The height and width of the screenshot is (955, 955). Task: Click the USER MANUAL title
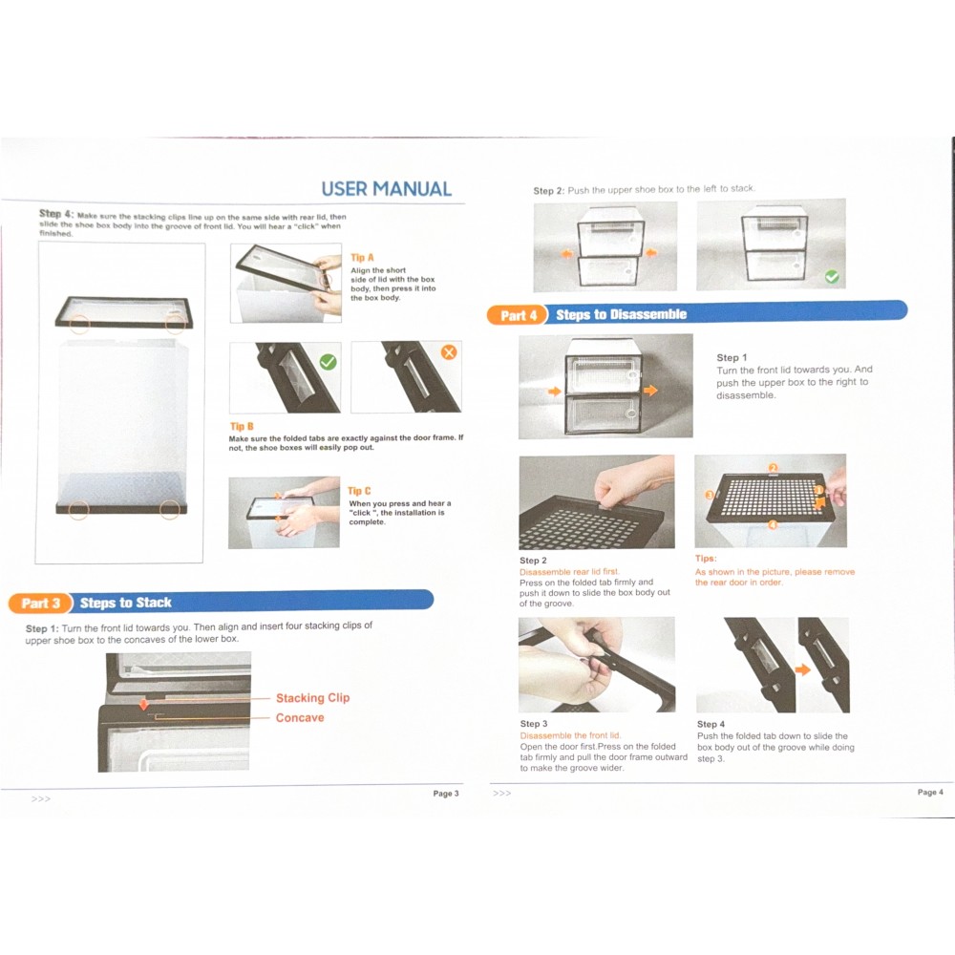(386, 189)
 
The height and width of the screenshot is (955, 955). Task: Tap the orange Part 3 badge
(40, 603)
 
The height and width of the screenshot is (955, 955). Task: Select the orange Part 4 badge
(519, 315)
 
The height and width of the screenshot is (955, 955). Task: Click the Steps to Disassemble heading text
(622, 314)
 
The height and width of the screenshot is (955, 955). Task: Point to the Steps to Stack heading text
(125, 603)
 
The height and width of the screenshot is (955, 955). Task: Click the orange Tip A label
(362, 258)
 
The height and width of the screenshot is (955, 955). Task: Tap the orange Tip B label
(242, 426)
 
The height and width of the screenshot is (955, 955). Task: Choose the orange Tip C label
(359, 491)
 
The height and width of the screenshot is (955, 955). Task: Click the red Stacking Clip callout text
(312, 698)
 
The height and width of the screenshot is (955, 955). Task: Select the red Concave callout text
(300, 717)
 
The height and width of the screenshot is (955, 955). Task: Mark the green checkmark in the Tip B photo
(328, 362)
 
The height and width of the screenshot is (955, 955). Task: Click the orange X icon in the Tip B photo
(449, 352)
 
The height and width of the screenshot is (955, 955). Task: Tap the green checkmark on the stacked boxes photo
(832, 277)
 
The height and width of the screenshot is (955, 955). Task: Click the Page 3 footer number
(446, 794)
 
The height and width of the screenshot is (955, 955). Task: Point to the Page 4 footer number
(930, 792)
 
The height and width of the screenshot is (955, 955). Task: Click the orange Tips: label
(706, 559)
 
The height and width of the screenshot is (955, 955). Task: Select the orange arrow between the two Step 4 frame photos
(803, 670)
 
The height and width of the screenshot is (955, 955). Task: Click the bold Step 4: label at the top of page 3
(56, 214)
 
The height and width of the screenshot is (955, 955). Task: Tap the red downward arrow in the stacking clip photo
(144, 704)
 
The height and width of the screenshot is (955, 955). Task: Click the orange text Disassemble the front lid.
(571, 735)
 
